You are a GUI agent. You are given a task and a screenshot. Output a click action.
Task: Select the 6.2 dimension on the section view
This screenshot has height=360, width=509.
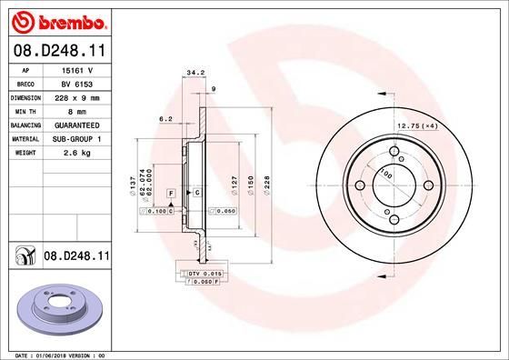point(165,118)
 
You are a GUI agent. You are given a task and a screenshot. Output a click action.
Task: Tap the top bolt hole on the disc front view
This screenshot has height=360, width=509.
point(394,152)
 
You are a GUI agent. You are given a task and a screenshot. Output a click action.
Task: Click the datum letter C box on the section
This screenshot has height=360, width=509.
point(196,195)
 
